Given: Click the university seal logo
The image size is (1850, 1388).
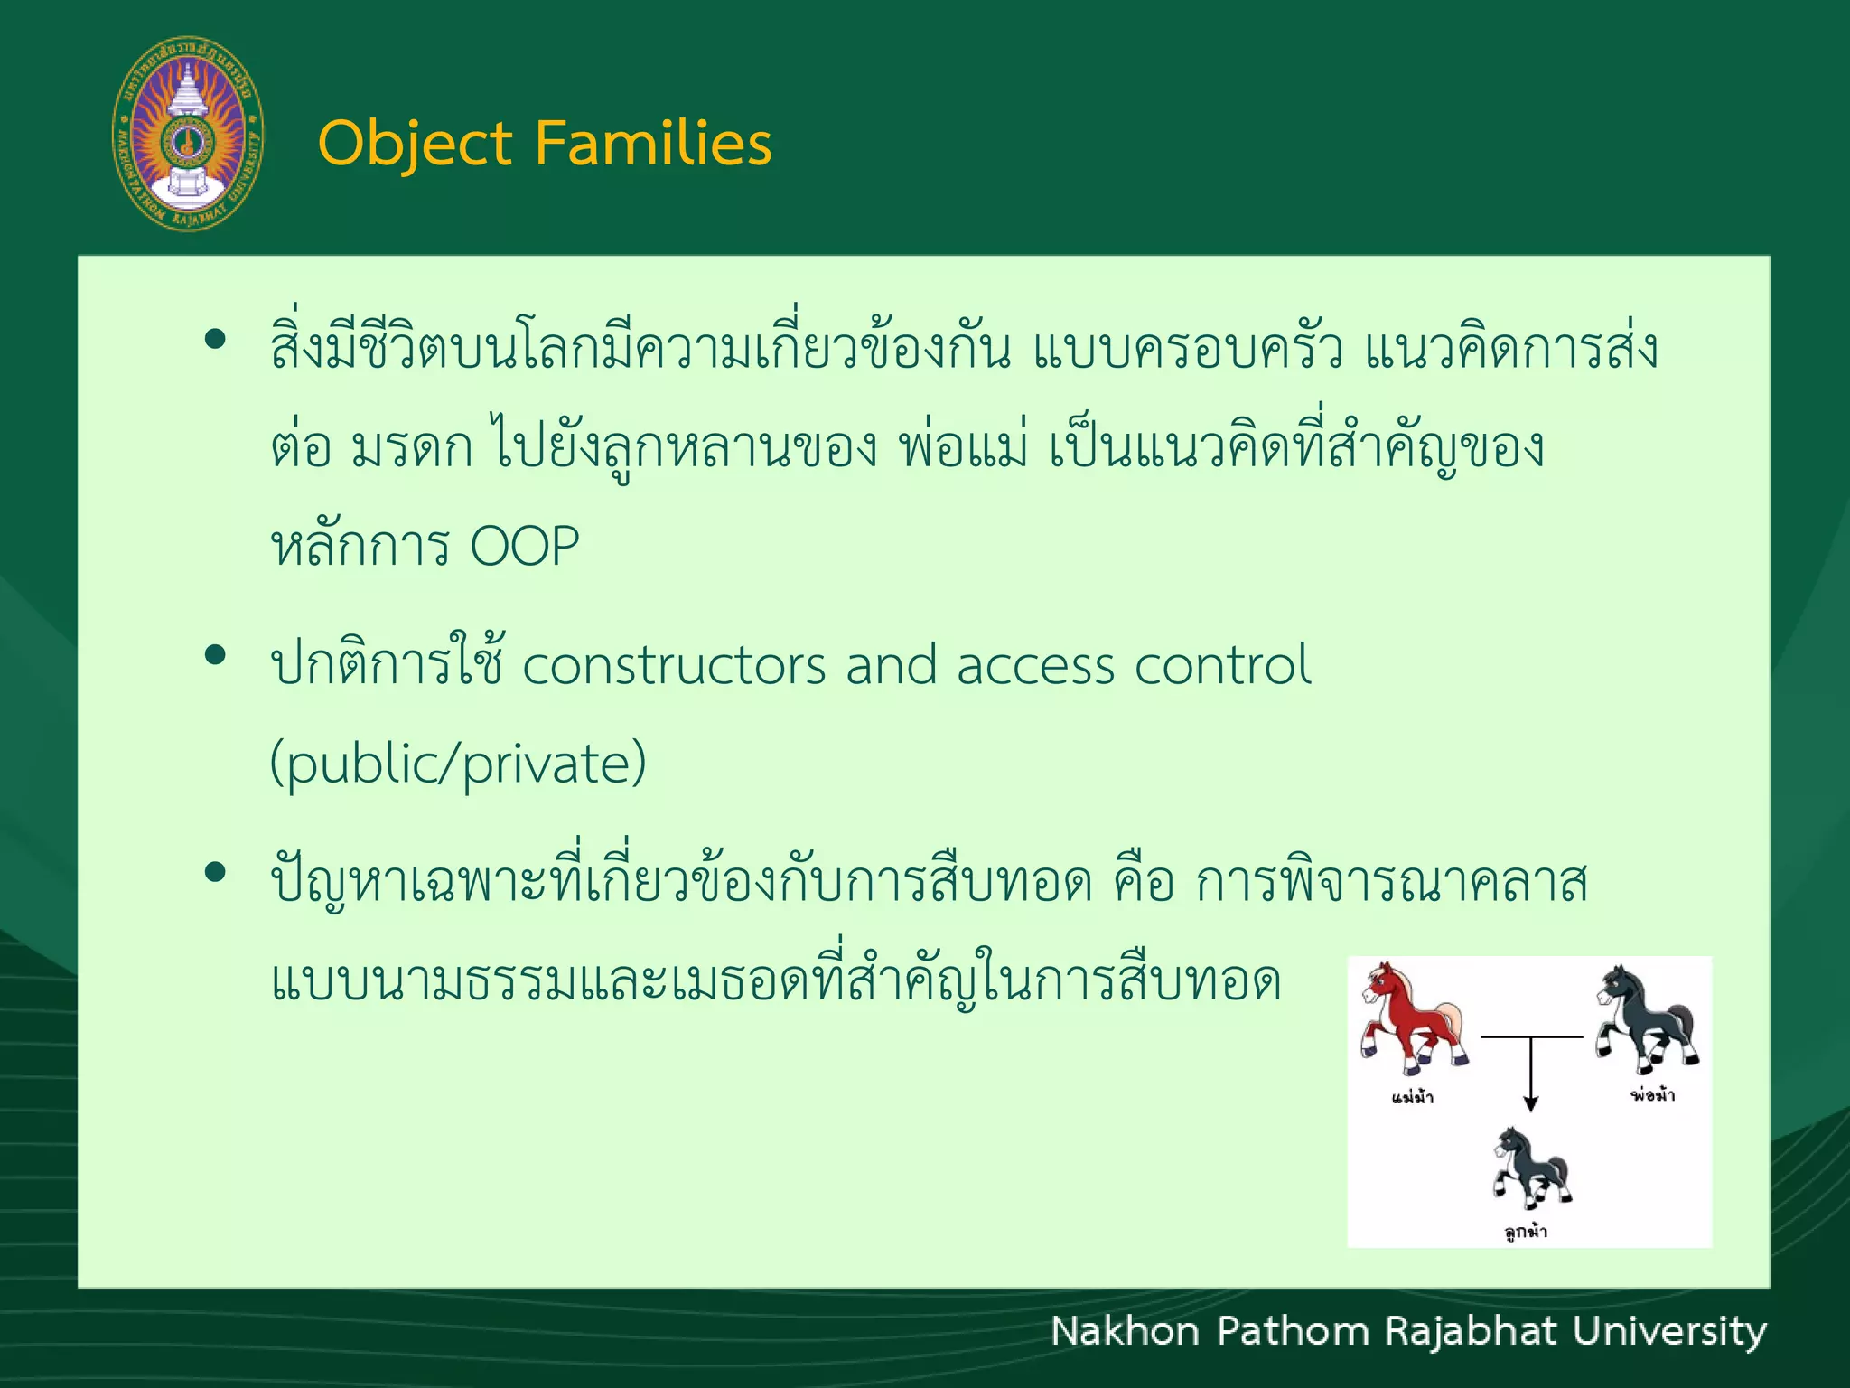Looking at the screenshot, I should (x=188, y=134).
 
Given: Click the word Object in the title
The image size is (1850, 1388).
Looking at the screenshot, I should (x=415, y=145).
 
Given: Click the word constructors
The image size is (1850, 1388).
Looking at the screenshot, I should (x=674, y=666).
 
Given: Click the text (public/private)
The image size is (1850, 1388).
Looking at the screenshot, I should (x=458, y=764).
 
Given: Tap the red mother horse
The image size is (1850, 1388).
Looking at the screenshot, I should (x=1412, y=1017).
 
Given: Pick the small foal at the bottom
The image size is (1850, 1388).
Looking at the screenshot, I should (x=1531, y=1168).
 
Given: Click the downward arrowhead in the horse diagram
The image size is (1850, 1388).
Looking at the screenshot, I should (x=1530, y=1103).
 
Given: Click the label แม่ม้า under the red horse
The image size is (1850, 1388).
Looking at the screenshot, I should (x=1413, y=1098).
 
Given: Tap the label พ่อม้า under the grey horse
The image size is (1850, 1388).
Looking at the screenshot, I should (x=1652, y=1095).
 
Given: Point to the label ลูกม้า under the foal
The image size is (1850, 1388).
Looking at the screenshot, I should (x=1526, y=1232).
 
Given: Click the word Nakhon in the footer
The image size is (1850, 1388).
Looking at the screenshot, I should (x=1125, y=1332).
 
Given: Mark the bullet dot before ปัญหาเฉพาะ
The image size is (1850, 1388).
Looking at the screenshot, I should (x=215, y=872).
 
